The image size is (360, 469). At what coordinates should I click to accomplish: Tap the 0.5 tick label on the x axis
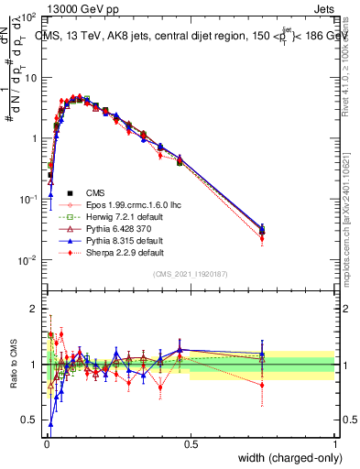191,445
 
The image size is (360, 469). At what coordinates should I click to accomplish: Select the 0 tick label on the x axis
46,445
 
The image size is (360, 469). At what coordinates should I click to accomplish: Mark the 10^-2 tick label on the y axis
27,259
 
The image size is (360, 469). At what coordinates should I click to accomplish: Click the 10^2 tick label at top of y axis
27,17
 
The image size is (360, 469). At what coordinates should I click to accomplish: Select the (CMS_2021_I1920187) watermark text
190,273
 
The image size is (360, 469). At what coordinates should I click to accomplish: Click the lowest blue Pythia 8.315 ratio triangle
51,424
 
